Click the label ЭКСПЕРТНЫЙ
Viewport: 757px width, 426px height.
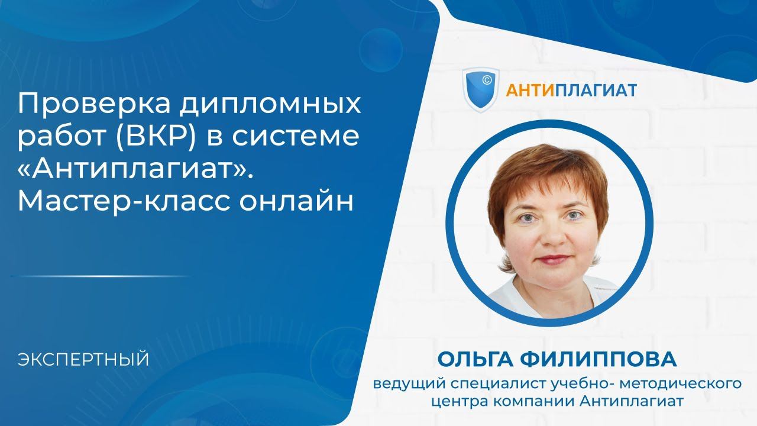tap(83, 359)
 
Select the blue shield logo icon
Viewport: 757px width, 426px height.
tap(480, 89)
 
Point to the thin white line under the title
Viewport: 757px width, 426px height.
tap(101, 276)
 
